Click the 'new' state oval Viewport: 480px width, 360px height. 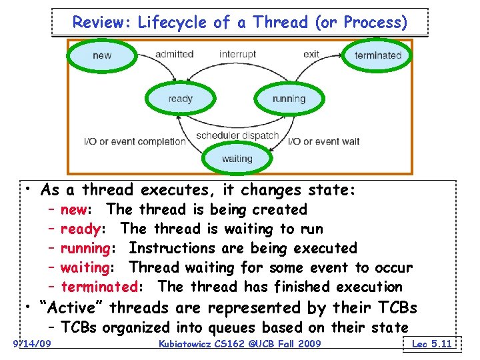[102, 55]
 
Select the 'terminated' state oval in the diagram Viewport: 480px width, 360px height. [378, 55]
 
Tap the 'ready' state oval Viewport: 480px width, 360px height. [180, 99]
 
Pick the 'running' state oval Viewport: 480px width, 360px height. [289, 99]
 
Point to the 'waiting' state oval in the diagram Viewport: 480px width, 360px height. [237, 159]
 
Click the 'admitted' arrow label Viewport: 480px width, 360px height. [174, 54]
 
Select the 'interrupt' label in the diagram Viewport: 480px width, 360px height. [237, 54]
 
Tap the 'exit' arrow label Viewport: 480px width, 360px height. [311, 54]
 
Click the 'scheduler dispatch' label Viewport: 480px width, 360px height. [237, 136]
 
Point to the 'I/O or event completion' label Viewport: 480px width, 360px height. [135, 141]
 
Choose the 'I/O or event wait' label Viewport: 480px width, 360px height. [324, 141]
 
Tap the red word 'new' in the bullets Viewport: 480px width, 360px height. [73, 209]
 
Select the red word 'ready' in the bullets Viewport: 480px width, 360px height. [80, 229]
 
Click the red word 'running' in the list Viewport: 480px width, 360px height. [85, 248]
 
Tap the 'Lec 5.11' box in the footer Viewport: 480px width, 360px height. [432, 343]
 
